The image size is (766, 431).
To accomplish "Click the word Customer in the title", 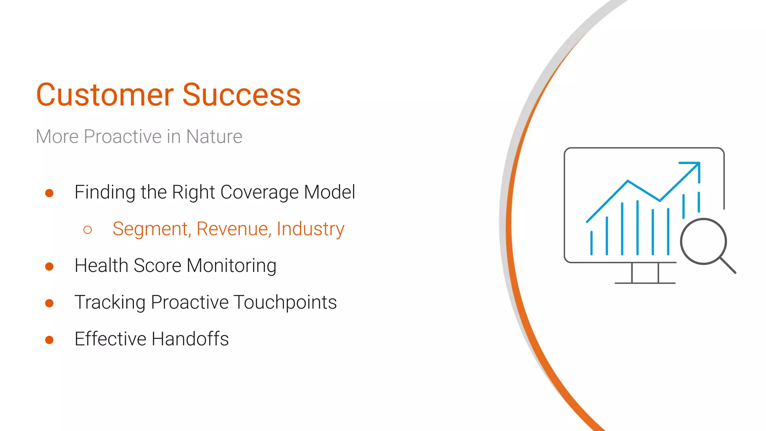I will [x=105, y=95].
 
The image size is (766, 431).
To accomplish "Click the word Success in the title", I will [x=241, y=95].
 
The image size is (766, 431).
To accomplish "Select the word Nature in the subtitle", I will [x=214, y=137].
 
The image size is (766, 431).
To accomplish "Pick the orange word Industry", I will [x=310, y=229].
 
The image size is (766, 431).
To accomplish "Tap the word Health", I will [x=101, y=266].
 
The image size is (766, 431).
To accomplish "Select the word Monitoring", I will [x=232, y=266].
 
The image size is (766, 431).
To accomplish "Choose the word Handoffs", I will [x=190, y=339].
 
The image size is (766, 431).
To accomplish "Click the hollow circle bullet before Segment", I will [x=88, y=230].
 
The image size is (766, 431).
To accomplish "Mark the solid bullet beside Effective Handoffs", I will [x=49, y=340].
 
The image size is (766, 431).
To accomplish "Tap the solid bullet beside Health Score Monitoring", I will [x=49, y=266].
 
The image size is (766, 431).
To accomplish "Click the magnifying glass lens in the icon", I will [x=703, y=241].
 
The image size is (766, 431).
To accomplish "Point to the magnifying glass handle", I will [x=728, y=265].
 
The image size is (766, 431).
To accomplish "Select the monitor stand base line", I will [x=645, y=283].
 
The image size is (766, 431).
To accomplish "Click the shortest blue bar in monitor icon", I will [x=591, y=243].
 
